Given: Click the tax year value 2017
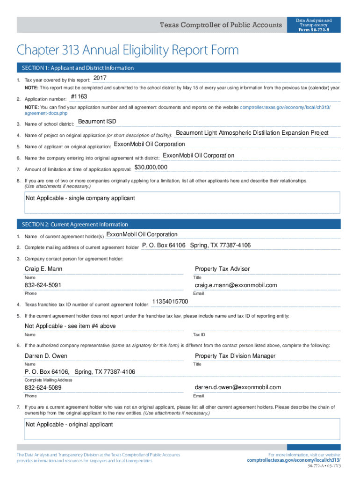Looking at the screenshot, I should tap(100, 78).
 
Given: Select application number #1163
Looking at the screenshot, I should tap(79, 97).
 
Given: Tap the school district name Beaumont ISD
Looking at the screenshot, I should tap(97, 122).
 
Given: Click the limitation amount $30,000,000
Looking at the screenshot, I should tap(151, 167).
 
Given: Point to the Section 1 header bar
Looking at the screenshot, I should tap(178, 68).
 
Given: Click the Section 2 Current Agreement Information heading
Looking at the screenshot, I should tap(72, 225).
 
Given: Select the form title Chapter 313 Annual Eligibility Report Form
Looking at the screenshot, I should tap(128, 50).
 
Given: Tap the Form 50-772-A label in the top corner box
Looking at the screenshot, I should tap(314, 30).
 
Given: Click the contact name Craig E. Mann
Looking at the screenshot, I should tap(43, 269).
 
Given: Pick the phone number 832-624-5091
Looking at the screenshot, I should tap(43, 285).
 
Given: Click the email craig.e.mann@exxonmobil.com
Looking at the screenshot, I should tap(236, 285).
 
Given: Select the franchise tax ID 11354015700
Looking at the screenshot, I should tap(170, 301).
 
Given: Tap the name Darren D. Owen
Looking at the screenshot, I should tap(46, 356).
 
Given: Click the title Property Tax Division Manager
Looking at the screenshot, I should tap(235, 356).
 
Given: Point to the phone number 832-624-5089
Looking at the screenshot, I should tap(43, 388).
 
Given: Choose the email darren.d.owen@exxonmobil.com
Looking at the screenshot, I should tap(238, 387).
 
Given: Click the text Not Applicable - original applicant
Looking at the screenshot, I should tap(69, 424).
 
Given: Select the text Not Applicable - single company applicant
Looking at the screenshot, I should tap(80, 198).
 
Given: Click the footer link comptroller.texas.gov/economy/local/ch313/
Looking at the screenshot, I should tap(294, 460).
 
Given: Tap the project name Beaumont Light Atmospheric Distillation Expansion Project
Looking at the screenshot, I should tap(252, 133).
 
